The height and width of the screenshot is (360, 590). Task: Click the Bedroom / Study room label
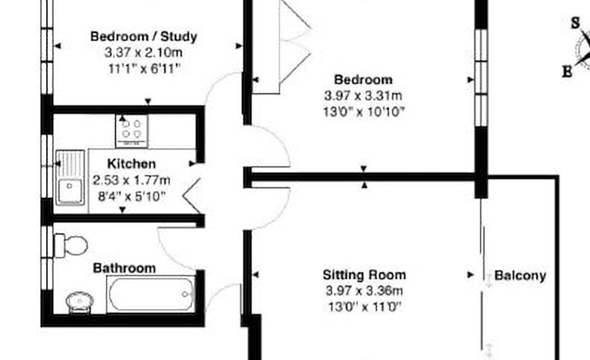click(x=144, y=36)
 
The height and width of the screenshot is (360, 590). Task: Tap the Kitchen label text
click(x=131, y=164)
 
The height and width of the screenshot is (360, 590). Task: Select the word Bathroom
click(x=124, y=268)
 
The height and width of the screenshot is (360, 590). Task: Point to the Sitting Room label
click(x=364, y=274)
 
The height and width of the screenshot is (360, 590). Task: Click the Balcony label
click(x=520, y=275)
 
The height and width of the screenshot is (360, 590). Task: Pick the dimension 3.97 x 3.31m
click(x=363, y=95)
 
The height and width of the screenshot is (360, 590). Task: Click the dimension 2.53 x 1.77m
click(x=131, y=180)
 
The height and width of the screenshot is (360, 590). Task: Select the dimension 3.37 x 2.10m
click(x=143, y=52)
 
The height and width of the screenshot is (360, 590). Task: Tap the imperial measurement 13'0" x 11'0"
click(x=365, y=307)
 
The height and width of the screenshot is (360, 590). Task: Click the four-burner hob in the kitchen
click(x=132, y=131)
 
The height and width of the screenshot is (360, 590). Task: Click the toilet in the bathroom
click(x=71, y=246)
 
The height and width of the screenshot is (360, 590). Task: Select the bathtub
click(x=151, y=294)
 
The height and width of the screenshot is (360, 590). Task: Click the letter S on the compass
click(x=575, y=23)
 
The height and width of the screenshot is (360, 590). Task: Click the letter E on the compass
click(x=567, y=71)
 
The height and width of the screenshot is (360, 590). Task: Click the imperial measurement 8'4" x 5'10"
click(x=131, y=196)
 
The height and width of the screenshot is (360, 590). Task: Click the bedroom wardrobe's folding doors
click(x=295, y=42)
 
